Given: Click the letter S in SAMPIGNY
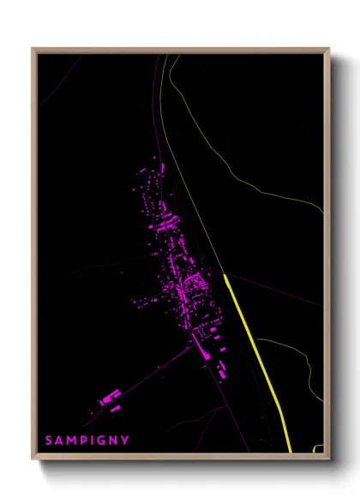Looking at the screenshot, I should point(49,441).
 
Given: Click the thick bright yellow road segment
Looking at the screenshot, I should point(257,360).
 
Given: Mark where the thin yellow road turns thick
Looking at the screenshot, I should point(225,276).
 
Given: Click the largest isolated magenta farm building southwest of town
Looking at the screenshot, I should point(109,398).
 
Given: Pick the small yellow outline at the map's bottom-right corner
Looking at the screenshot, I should point(319,447).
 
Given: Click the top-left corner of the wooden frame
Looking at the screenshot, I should point(33,49).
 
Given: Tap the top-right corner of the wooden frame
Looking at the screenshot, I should point(329,49).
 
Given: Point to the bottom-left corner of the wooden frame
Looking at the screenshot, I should point(33,460).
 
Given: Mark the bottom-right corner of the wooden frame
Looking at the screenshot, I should point(329,460).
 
